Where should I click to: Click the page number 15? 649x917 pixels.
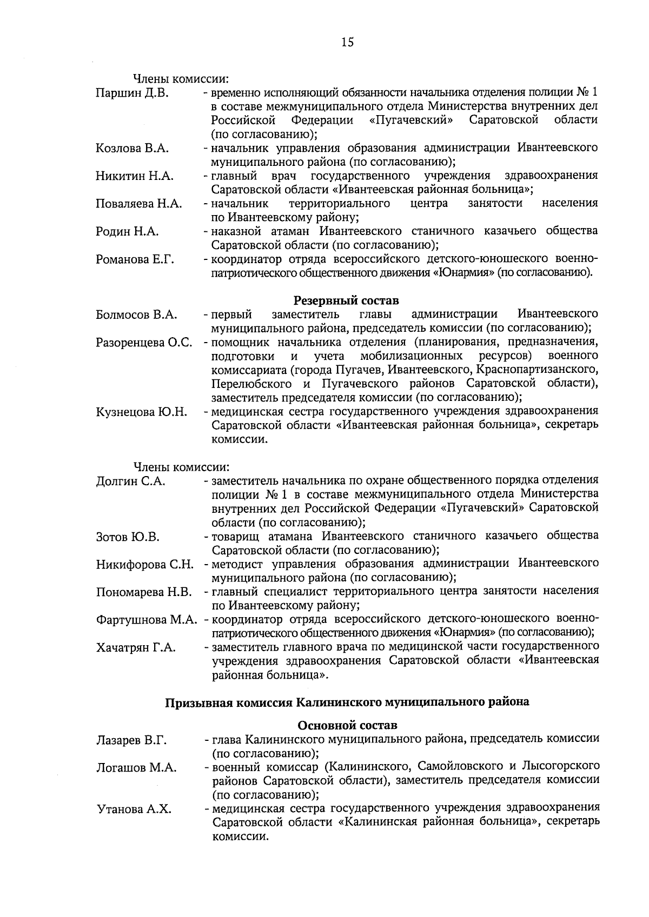click(347, 42)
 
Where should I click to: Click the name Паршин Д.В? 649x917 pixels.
click(132, 93)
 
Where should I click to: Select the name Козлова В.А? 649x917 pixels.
click(132, 148)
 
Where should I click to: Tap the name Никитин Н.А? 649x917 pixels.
click(134, 176)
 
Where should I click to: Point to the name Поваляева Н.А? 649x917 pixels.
click(138, 204)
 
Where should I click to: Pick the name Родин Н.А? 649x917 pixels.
click(127, 232)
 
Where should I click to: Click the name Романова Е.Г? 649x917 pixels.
click(135, 260)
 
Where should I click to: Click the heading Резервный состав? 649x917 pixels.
click(347, 300)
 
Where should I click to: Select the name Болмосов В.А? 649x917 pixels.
click(136, 314)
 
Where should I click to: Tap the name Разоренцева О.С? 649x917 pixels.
click(144, 343)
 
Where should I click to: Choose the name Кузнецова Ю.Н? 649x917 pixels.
click(142, 412)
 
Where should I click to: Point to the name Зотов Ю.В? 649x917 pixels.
click(128, 537)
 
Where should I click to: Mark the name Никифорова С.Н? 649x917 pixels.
click(145, 565)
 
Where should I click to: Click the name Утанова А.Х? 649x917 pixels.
click(133, 809)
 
